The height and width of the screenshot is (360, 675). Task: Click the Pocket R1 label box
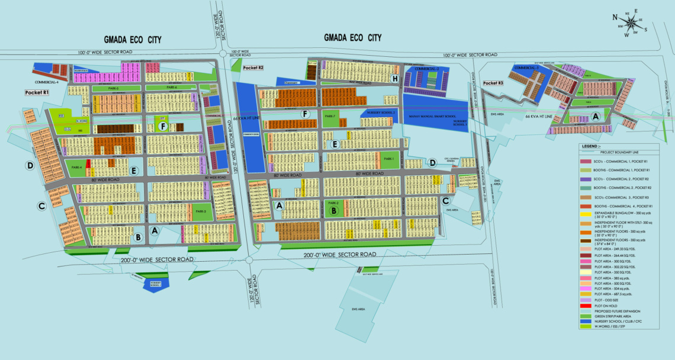(37, 93)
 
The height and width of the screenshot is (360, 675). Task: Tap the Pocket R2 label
(253, 68)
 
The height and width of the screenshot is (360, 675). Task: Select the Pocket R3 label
(493, 83)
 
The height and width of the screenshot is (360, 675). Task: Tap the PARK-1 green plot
(388, 159)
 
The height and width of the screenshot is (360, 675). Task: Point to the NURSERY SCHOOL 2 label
(381, 112)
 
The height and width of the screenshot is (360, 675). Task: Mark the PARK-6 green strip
(172, 88)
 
